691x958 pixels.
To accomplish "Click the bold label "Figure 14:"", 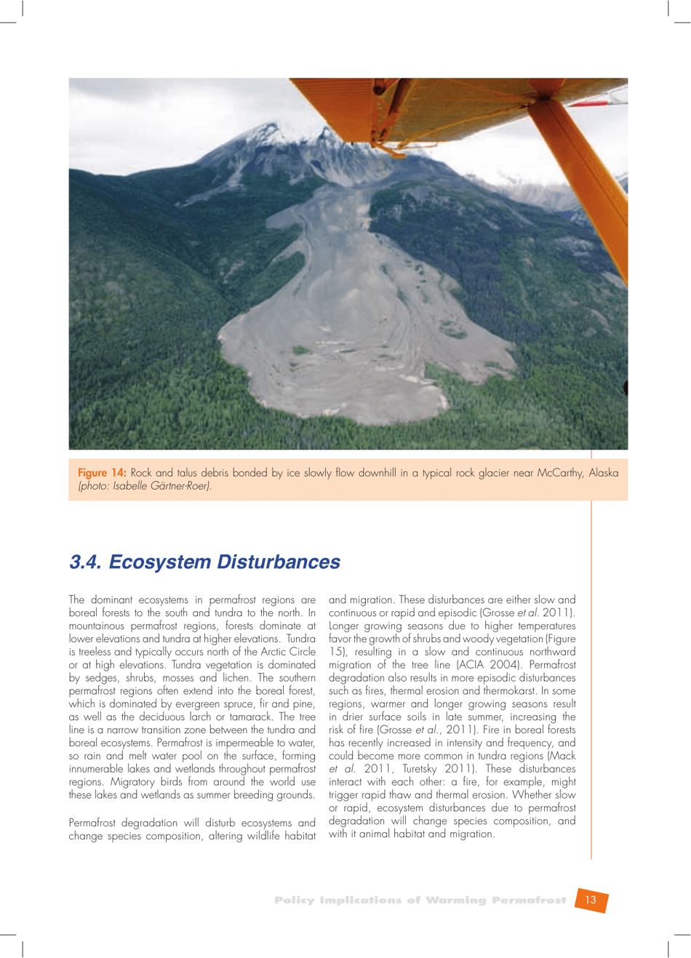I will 102,473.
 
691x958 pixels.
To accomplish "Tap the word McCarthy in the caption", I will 560,473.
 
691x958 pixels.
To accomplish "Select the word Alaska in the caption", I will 604,473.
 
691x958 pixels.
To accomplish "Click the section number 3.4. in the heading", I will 86,562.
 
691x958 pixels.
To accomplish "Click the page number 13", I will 590,900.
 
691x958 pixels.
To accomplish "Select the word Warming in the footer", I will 455,900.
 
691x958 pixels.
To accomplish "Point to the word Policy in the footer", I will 295,900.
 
